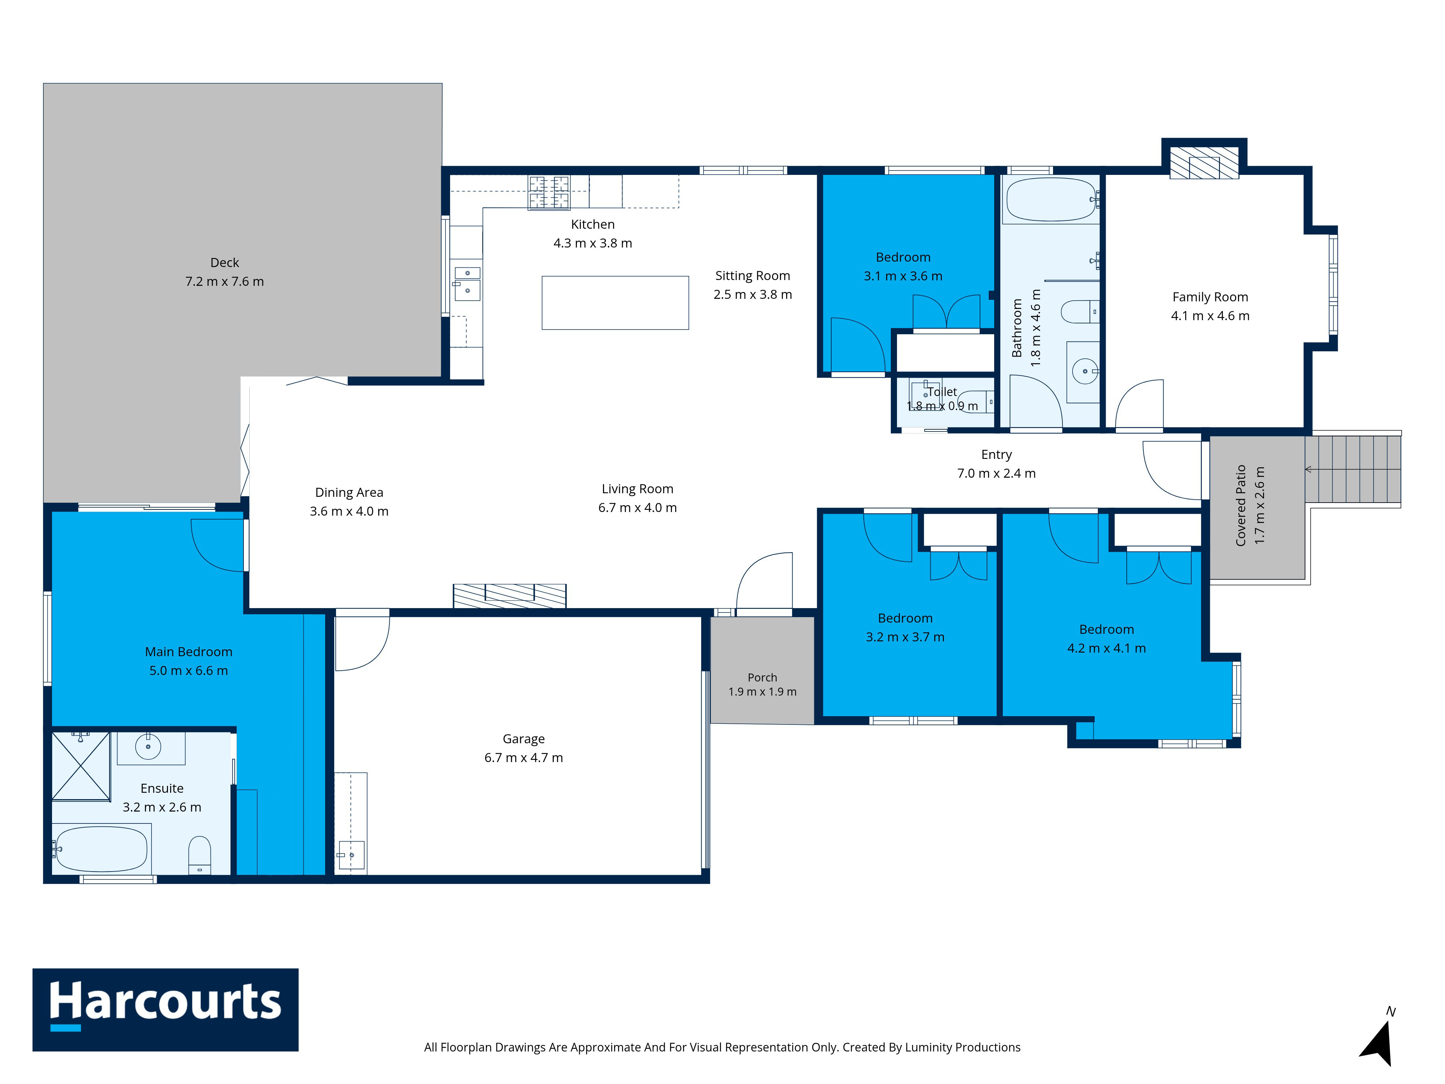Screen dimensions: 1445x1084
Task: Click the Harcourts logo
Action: [x=165, y=1010]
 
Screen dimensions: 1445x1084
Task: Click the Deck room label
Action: [x=225, y=263]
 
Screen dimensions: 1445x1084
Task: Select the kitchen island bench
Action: [x=615, y=302]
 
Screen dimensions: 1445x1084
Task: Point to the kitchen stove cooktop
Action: [x=549, y=192]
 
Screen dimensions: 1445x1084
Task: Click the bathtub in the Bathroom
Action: [x=1051, y=199]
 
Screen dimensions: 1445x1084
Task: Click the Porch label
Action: [x=762, y=677]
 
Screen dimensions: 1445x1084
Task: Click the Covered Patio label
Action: [x=1241, y=505]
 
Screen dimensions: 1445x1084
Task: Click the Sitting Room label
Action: [x=752, y=276]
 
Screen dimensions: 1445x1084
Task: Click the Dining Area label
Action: [x=349, y=492]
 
